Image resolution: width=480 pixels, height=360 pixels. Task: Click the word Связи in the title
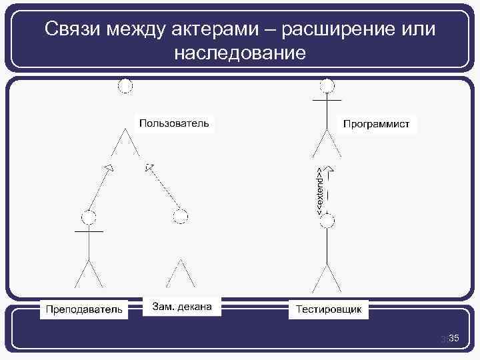[x=73, y=30]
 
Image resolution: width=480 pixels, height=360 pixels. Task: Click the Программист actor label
[x=376, y=123]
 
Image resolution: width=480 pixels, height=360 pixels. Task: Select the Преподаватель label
[x=84, y=309]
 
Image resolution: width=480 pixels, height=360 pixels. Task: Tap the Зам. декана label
[x=182, y=307]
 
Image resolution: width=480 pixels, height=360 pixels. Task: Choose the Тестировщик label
[x=329, y=309]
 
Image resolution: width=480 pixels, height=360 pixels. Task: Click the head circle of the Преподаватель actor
[x=89, y=217]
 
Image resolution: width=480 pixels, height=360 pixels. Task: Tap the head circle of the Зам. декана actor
[x=180, y=215]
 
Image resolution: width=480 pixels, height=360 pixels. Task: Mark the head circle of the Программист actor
[x=327, y=86]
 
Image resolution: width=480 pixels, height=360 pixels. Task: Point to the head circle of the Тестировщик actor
[x=327, y=221]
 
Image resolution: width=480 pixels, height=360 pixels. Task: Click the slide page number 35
[x=453, y=340]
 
